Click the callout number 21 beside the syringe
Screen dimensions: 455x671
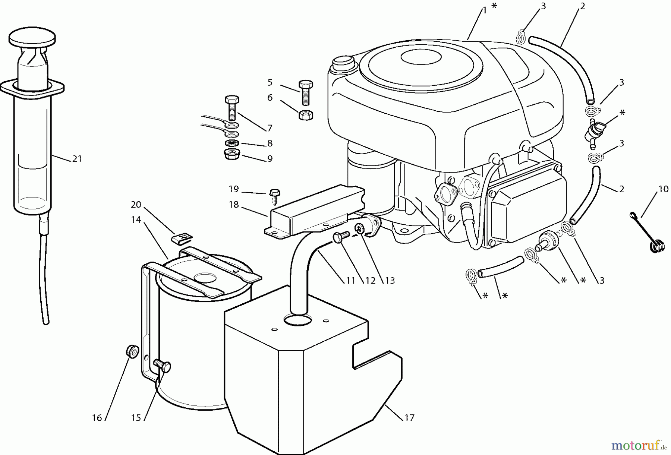(x=77, y=159)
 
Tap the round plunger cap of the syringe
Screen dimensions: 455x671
(x=32, y=38)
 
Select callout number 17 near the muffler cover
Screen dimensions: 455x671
(x=409, y=418)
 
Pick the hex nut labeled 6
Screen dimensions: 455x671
(x=306, y=115)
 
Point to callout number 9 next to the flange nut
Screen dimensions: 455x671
(x=270, y=159)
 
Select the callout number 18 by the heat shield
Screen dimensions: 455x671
(x=234, y=205)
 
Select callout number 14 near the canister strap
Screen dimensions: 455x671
(x=136, y=220)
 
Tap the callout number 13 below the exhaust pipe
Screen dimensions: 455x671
(x=390, y=281)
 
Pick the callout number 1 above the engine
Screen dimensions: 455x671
(x=484, y=11)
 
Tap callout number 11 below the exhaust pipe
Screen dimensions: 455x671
(x=350, y=281)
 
